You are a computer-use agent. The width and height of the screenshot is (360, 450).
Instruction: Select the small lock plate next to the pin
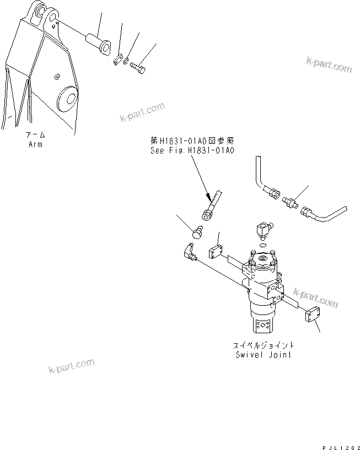(117, 59)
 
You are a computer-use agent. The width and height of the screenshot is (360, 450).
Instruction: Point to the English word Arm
(35, 144)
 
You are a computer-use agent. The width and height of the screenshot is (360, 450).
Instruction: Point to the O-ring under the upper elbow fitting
(264, 245)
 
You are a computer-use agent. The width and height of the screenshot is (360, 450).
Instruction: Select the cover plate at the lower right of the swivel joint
(313, 316)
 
